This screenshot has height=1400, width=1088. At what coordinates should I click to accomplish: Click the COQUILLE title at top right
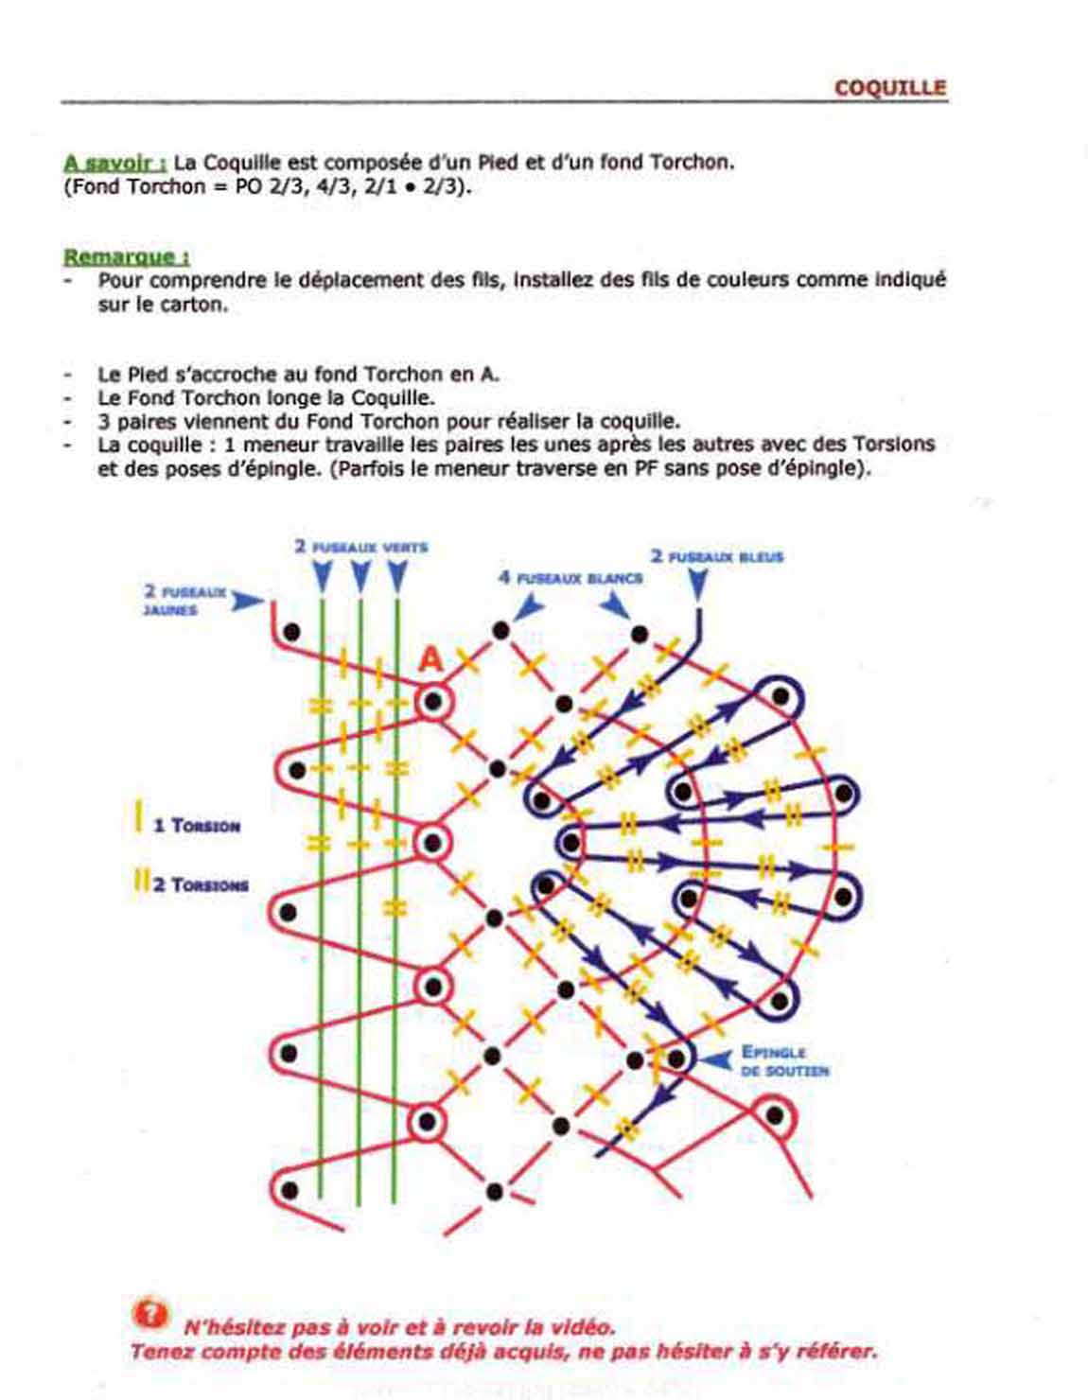point(889,88)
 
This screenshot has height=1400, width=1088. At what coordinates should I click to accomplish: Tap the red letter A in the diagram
point(430,659)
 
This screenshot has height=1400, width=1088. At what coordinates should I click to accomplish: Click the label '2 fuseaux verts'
point(360,547)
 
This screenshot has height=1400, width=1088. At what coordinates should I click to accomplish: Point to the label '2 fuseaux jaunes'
point(184,600)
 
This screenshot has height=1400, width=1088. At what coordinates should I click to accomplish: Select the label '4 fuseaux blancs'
point(570,577)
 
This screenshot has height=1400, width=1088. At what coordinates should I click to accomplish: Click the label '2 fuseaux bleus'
point(716,556)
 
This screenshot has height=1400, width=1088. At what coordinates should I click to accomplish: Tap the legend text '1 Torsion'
point(196,826)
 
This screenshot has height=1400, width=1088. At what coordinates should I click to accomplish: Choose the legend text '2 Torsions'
point(200,885)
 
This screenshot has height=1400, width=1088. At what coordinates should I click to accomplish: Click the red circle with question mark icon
point(149,1314)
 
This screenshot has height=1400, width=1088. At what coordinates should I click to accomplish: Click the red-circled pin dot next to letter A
point(433,703)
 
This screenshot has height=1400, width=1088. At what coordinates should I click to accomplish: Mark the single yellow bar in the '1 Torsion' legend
point(138,818)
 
